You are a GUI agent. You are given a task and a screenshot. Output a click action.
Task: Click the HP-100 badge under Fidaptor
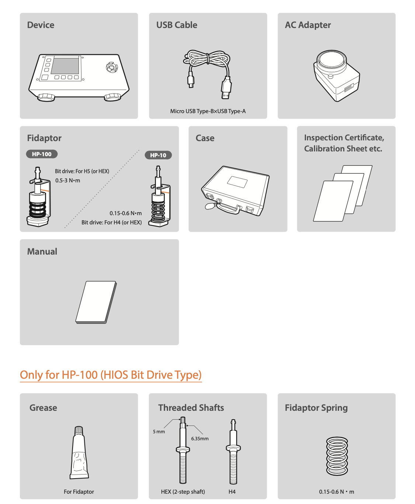tap(42, 154)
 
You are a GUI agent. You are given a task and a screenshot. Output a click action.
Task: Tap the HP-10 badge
tap(158, 155)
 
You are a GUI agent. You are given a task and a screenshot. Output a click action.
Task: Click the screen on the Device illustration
tap(65, 66)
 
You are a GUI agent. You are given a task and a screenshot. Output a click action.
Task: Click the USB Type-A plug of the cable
tap(226, 88)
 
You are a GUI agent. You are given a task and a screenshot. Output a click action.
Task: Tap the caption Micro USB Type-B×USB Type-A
tap(208, 111)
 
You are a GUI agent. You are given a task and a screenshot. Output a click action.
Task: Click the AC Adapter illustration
tap(336, 76)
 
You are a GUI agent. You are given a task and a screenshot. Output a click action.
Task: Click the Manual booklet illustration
tap(96, 302)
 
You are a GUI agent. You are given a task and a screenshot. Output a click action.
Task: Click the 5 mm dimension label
tap(159, 431)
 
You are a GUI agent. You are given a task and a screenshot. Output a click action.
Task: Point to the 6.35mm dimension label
tap(200, 438)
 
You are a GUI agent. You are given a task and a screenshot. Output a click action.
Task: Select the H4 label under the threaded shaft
tap(232, 491)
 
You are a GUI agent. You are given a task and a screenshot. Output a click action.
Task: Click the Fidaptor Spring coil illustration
tap(337, 456)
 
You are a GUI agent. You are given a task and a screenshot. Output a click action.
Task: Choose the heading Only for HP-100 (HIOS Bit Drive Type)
tap(111, 375)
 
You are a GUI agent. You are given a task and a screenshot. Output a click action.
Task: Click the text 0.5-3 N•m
tap(68, 181)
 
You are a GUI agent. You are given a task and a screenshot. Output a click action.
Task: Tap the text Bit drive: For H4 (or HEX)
tap(111, 223)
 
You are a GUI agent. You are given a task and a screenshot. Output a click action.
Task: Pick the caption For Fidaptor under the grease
tap(79, 491)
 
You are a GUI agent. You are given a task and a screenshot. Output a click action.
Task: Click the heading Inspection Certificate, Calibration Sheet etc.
tap(344, 143)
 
